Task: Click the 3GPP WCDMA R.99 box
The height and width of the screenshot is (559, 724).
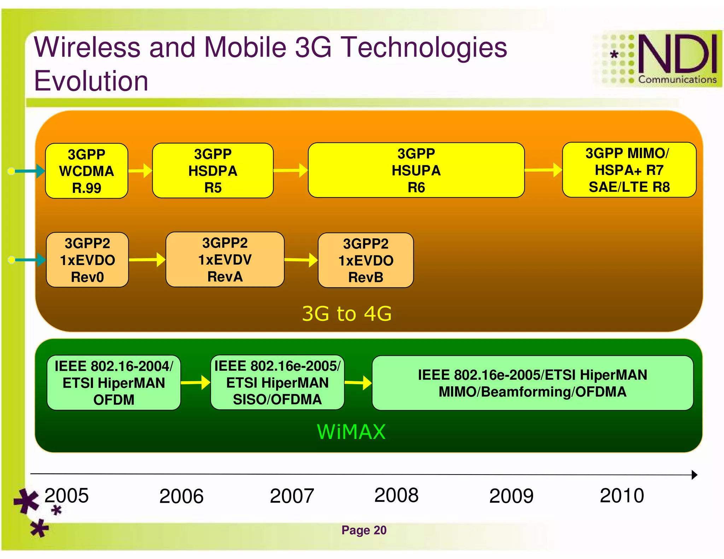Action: point(87,171)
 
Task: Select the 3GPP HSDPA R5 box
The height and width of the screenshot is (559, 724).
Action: point(212,171)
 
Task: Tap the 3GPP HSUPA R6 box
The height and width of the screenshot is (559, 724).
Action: point(416,170)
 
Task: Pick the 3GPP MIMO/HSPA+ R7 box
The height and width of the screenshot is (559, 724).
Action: point(629,170)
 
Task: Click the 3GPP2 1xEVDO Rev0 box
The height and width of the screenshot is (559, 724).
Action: point(87,260)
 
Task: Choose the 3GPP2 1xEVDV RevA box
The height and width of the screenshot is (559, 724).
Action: point(225,260)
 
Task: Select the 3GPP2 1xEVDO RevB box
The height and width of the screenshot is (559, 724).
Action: point(366,260)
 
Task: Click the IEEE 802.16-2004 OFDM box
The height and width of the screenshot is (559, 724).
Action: point(113,383)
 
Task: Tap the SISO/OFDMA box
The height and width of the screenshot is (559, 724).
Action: point(277,382)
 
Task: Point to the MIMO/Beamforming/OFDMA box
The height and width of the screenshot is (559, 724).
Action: point(532,383)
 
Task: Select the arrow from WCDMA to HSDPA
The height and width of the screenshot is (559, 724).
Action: point(140,171)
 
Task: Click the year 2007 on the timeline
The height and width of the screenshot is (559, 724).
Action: point(292,496)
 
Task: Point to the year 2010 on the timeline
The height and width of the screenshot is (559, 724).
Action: point(621,495)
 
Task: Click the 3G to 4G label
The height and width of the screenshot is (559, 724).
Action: point(346,313)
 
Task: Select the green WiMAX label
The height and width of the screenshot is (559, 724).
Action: point(351,432)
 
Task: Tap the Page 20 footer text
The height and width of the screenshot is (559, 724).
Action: point(364,530)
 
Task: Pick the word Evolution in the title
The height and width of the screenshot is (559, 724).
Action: point(91,81)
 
